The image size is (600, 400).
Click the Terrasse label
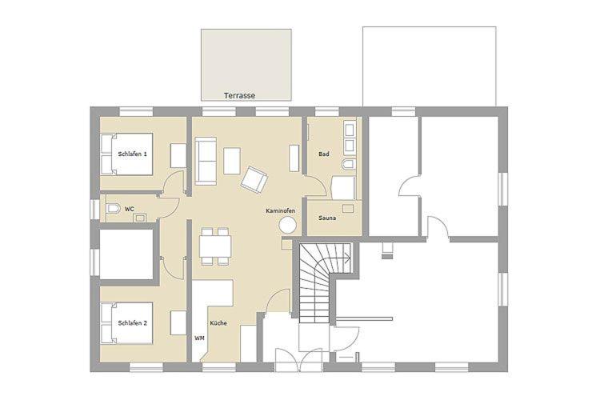click(x=239, y=95)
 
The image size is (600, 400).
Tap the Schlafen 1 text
click(x=132, y=154)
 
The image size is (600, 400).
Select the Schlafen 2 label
click(x=132, y=323)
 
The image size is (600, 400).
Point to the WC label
click(x=130, y=209)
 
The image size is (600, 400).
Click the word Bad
click(x=324, y=154)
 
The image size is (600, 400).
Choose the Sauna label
click(x=327, y=218)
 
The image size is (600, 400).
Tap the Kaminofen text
click(x=281, y=211)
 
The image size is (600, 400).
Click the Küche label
click(x=218, y=323)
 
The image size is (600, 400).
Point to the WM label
click(x=199, y=338)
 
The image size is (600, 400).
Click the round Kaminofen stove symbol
click(x=287, y=225)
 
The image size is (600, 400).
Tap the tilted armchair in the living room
click(x=254, y=178)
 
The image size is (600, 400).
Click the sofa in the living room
click(x=206, y=162)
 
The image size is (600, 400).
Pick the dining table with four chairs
click(x=215, y=246)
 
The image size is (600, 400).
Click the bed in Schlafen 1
click(x=126, y=154)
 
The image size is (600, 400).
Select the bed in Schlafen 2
click(x=126, y=323)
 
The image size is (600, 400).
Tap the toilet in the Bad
click(x=349, y=165)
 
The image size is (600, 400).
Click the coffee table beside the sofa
click(x=232, y=161)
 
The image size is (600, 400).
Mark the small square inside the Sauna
click(x=348, y=208)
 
